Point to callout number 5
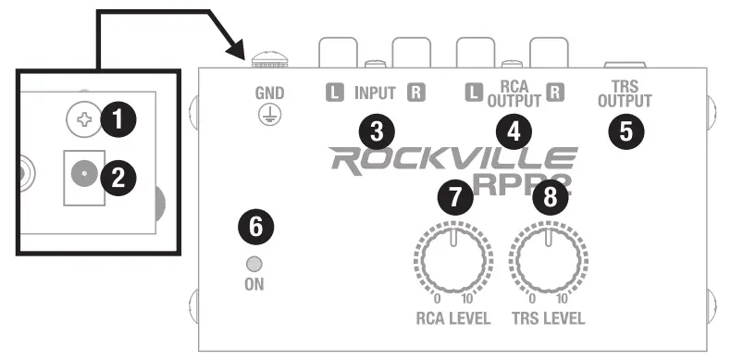tap(626, 130)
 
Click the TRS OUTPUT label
tap(626, 95)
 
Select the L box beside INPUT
tap(334, 93)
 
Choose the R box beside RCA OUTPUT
tap(555, 93)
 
